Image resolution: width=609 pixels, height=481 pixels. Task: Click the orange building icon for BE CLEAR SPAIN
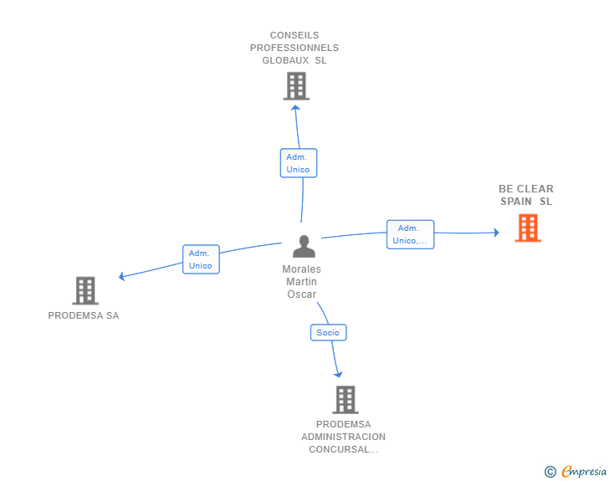click(x=527, y=228)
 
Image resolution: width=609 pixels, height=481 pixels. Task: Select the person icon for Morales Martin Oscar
click(x=304, y=247)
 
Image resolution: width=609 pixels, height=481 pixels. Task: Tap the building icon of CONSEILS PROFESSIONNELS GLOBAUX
click(x=296, y=85)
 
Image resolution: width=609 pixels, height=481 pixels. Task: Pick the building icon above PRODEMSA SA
click(x=84, y=290)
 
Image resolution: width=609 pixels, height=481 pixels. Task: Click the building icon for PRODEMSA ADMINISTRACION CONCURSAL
click(x=345, y=400)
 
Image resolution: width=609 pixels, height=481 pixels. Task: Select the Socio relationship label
click(x=328, y=332)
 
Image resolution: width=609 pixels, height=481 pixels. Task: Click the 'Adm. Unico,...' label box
click(x=410, y=234)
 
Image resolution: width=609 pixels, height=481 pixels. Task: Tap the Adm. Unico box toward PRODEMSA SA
click(x=201, y=259)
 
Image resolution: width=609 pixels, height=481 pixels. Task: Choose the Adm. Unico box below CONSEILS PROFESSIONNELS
click(x=298, y=163)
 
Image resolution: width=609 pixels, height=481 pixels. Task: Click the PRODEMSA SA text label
click(x=84, y=315)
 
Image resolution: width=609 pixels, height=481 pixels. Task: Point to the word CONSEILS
click(x=294, y=35)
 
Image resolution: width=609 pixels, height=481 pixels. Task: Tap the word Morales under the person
click(x=301, y=269)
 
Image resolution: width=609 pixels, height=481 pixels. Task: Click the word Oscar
click(x=301, y=294)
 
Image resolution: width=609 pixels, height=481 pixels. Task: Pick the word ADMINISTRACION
click(x=344, y=437)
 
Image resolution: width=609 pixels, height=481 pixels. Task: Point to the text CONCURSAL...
click(x=341, y=449)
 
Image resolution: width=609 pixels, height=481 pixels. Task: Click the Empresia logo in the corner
click(x=584, y=471)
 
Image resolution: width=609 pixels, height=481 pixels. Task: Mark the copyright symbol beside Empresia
click(x=550, y=472)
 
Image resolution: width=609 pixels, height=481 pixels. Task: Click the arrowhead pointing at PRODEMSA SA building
click(x=122, y=276)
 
